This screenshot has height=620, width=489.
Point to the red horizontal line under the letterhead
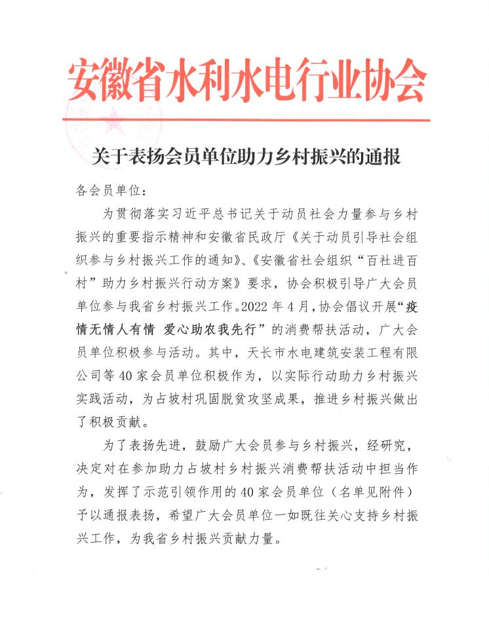(246, 120)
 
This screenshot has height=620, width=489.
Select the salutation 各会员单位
(104, 191)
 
